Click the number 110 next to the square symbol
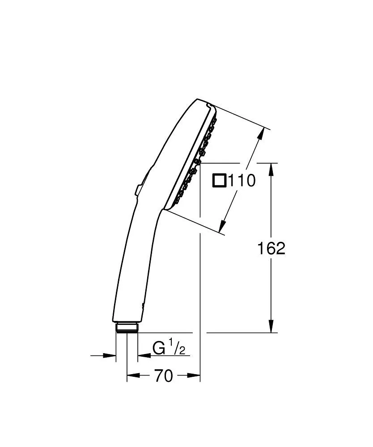click(x=242, y=181)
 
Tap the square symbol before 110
click(x=220, y=181)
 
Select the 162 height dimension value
click(x=271, y=249)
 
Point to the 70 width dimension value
click(x=163, y=376)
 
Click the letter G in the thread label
click(x=158, y=348)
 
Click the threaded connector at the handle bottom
click(x=127, y=327)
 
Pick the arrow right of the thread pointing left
click(x=144, y=356)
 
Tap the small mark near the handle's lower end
click(x=143, y=305)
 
